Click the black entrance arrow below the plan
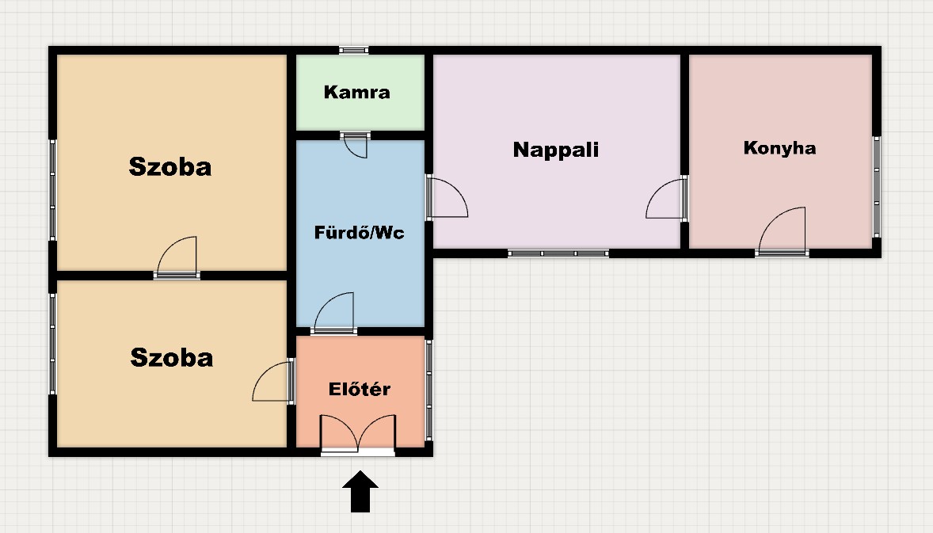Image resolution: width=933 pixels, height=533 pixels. tap(360, 492)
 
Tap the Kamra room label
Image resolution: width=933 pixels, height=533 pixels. tap(357, 92)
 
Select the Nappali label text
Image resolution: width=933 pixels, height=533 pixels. tap(556, 150)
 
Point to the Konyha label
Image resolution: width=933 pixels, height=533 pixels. tap(779, 147)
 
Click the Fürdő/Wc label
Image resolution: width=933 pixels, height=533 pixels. tap(360, 232)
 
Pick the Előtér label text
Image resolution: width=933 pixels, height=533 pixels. tap(360, 389)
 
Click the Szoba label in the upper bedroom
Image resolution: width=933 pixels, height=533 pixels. tap(170, 166)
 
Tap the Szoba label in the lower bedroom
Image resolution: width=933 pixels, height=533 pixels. tap(171, 357)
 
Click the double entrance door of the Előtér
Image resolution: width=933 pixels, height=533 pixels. tap(358, 435)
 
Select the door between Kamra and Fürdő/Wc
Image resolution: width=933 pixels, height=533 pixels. tap(356, 145)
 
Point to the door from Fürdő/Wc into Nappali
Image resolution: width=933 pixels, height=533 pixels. tap(447, 197)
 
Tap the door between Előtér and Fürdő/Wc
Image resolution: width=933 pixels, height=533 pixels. tap(334, 314)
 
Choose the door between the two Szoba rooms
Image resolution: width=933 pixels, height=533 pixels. tap(177, 257)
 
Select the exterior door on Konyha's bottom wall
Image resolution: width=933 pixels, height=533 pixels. tap(782, 232)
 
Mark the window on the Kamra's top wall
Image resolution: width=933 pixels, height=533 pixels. tap(353, 50)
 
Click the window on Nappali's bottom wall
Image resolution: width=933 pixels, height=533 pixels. tap(558, 253)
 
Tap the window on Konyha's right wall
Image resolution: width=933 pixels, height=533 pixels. tap(877, 187)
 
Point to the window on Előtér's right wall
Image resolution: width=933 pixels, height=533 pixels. tap(429, 390)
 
